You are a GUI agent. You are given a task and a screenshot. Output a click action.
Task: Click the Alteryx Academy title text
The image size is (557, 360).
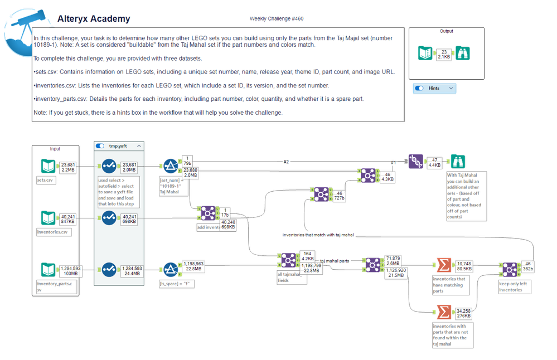coord(94,18)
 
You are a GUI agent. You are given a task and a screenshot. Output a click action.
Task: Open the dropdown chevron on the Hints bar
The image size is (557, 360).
coord(451,88)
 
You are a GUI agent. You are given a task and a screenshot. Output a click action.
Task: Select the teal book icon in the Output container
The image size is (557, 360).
coord(425,53)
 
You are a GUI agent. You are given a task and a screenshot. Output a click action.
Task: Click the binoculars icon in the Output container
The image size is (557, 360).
coord(461,53)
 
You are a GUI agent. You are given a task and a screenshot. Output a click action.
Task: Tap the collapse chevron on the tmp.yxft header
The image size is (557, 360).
coord(138,146)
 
